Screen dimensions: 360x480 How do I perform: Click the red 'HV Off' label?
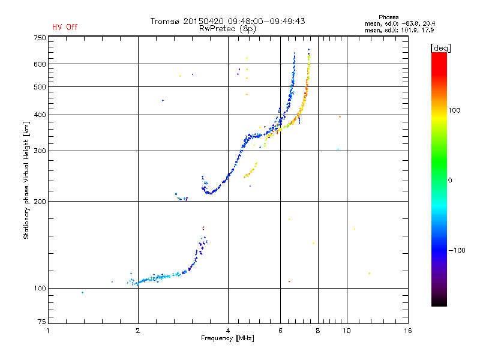tap(65, 27)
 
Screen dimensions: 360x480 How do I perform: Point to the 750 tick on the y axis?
tap(40, 38)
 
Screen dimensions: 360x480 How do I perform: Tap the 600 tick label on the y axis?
tap(40, 64)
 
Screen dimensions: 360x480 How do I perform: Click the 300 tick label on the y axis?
tap(40, 151)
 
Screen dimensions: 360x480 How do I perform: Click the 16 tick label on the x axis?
tap(407, 331)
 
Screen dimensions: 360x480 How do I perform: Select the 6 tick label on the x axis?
tap(280, 331)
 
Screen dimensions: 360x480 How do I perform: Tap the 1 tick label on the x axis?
tap(48, 331)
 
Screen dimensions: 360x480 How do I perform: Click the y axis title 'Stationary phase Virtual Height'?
tap(26, 180)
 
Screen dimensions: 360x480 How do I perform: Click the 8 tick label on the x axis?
tap(318, 331)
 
